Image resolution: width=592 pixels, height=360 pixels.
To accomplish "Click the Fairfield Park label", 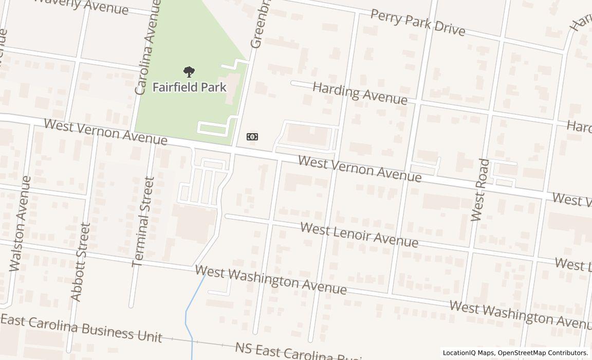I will pyautogui.click(x=189, y=87).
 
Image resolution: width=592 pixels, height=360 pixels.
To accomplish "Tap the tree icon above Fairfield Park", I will pyautogui.click(x=189, y=72).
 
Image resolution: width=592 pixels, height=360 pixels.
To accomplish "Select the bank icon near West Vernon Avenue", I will pyautogui.click(x=252, y=137).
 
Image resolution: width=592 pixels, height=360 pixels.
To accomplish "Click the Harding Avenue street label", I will pyautogui.click(x=360, y=93).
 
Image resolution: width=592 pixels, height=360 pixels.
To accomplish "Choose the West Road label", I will pyautogui.click(x=481, y=190).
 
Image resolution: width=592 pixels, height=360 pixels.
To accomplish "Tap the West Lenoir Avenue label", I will pyautogui.click(x=359, y=235).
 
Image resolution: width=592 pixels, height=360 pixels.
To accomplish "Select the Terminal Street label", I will pyautogui.click(x=143, y=222).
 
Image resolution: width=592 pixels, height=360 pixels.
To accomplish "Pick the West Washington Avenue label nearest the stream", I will pyautogui.click(x=271, y=280).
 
